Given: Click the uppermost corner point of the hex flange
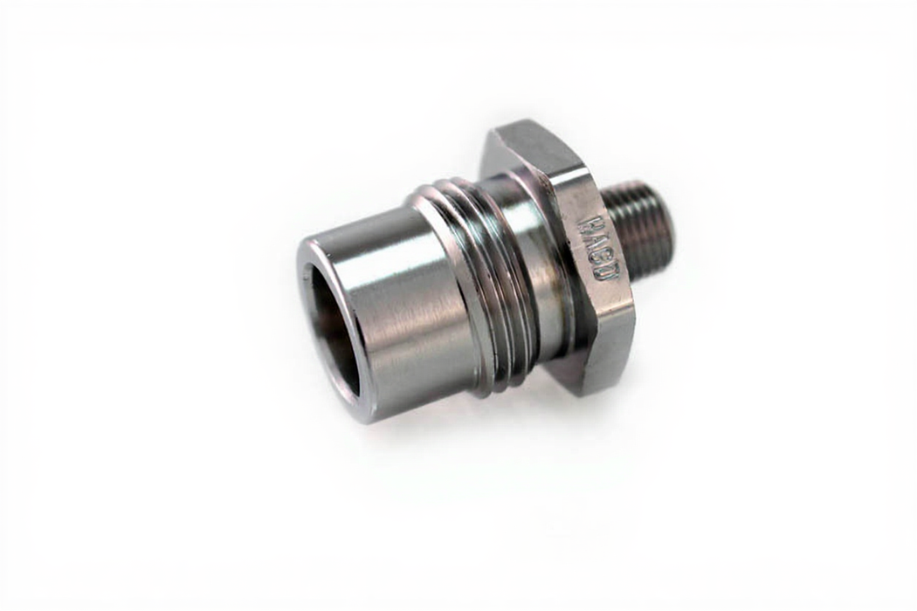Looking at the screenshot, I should pos(498,127).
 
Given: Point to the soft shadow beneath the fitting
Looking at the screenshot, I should pos(454,436).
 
